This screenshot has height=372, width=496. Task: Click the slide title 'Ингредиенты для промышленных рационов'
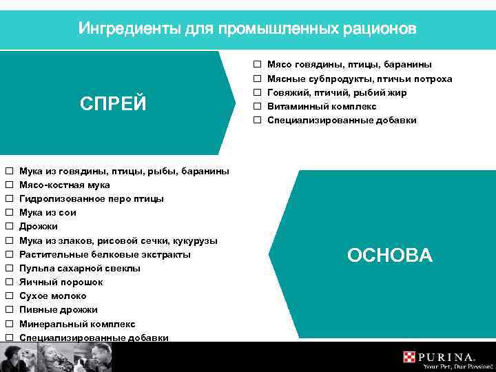[x=247, y=29]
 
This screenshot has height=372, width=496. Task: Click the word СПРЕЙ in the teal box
[x=113, y=103]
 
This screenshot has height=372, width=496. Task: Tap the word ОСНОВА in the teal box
[x=390, y=256]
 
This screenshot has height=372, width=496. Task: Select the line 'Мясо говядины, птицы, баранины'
[x=349, y=65]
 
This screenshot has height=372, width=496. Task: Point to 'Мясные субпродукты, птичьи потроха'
[x=359, y=79]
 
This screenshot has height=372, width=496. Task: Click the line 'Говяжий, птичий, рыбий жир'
[x=336, y=92]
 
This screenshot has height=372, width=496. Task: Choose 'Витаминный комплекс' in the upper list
[x=322, y=106]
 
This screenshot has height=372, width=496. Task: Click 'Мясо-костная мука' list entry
[x=64, y=185]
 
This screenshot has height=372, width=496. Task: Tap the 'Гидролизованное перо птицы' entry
[x=91, y=198]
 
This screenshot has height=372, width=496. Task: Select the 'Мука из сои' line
[x=48, y=212]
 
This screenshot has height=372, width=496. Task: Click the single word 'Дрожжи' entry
[x=39, y=226]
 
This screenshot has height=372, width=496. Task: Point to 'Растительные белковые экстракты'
[x=105, y=254]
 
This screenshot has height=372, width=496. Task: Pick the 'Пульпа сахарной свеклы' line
[x=79, y=268]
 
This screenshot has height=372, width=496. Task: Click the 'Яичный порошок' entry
[x=61, y=282]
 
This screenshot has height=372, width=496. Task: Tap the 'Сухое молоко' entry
[x=52, y=296]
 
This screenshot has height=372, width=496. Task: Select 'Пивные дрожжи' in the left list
[x=58, y=309]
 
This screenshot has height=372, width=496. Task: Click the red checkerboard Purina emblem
[x=411, y=357]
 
